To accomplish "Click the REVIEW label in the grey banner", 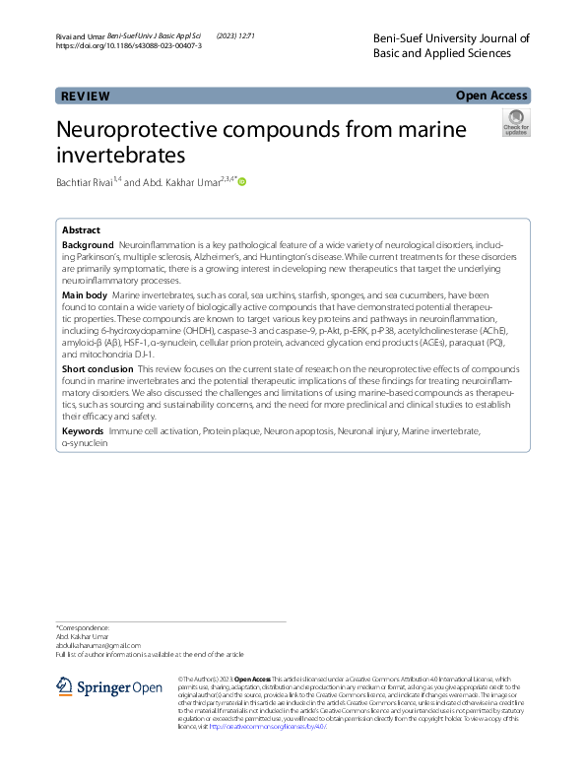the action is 86,96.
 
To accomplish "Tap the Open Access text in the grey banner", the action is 492,96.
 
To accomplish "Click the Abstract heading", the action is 81,229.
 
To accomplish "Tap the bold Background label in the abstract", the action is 88,243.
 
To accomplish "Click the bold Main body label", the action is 85,295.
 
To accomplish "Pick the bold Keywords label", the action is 83,431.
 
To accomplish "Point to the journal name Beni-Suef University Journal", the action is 452,38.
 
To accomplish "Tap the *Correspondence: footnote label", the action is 83,627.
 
